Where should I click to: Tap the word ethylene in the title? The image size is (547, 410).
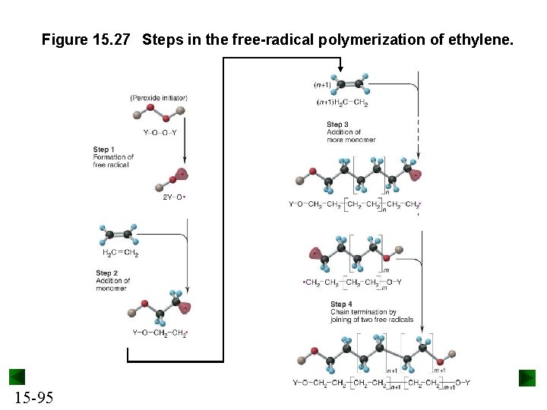coord(481,39)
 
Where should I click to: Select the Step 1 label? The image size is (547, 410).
coord(104,150)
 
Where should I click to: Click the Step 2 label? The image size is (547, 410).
coord(107,273)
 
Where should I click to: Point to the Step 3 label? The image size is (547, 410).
coord(337,124)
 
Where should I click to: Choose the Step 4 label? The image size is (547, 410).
coord(341,304)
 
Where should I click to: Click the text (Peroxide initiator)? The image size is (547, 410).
coord(159,98)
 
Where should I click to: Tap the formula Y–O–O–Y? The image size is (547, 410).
coord(160,132)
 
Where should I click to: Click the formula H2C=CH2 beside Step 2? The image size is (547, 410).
coord(120,254)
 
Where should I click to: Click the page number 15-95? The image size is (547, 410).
coord(33,397)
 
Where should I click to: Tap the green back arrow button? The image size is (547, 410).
coord(17,377)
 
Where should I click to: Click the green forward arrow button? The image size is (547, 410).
coord(527,377)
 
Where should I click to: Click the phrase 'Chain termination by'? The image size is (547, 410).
coord(363,312)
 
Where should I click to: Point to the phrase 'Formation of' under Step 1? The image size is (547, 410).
coord(113,157)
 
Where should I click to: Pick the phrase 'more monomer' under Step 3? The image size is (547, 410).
coord(351,140)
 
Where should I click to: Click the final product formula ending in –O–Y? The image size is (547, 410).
coord(381,383)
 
